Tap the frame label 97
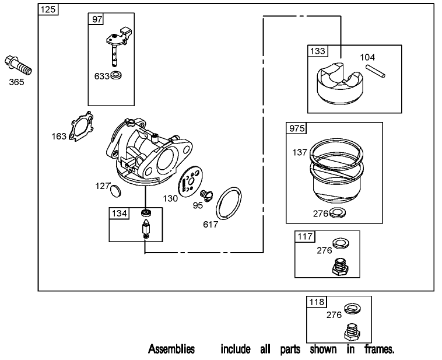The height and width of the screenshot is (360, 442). pos(96,20)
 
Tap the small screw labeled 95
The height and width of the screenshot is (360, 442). pos(205,193)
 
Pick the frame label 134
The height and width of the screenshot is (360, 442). pos(118,214)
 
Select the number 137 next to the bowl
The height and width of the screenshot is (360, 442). pos(300,152)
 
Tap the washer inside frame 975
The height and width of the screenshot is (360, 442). pos(337,213)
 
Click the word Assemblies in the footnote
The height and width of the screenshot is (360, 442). pos(171,349)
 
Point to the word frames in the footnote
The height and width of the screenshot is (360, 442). pos(379,349)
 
